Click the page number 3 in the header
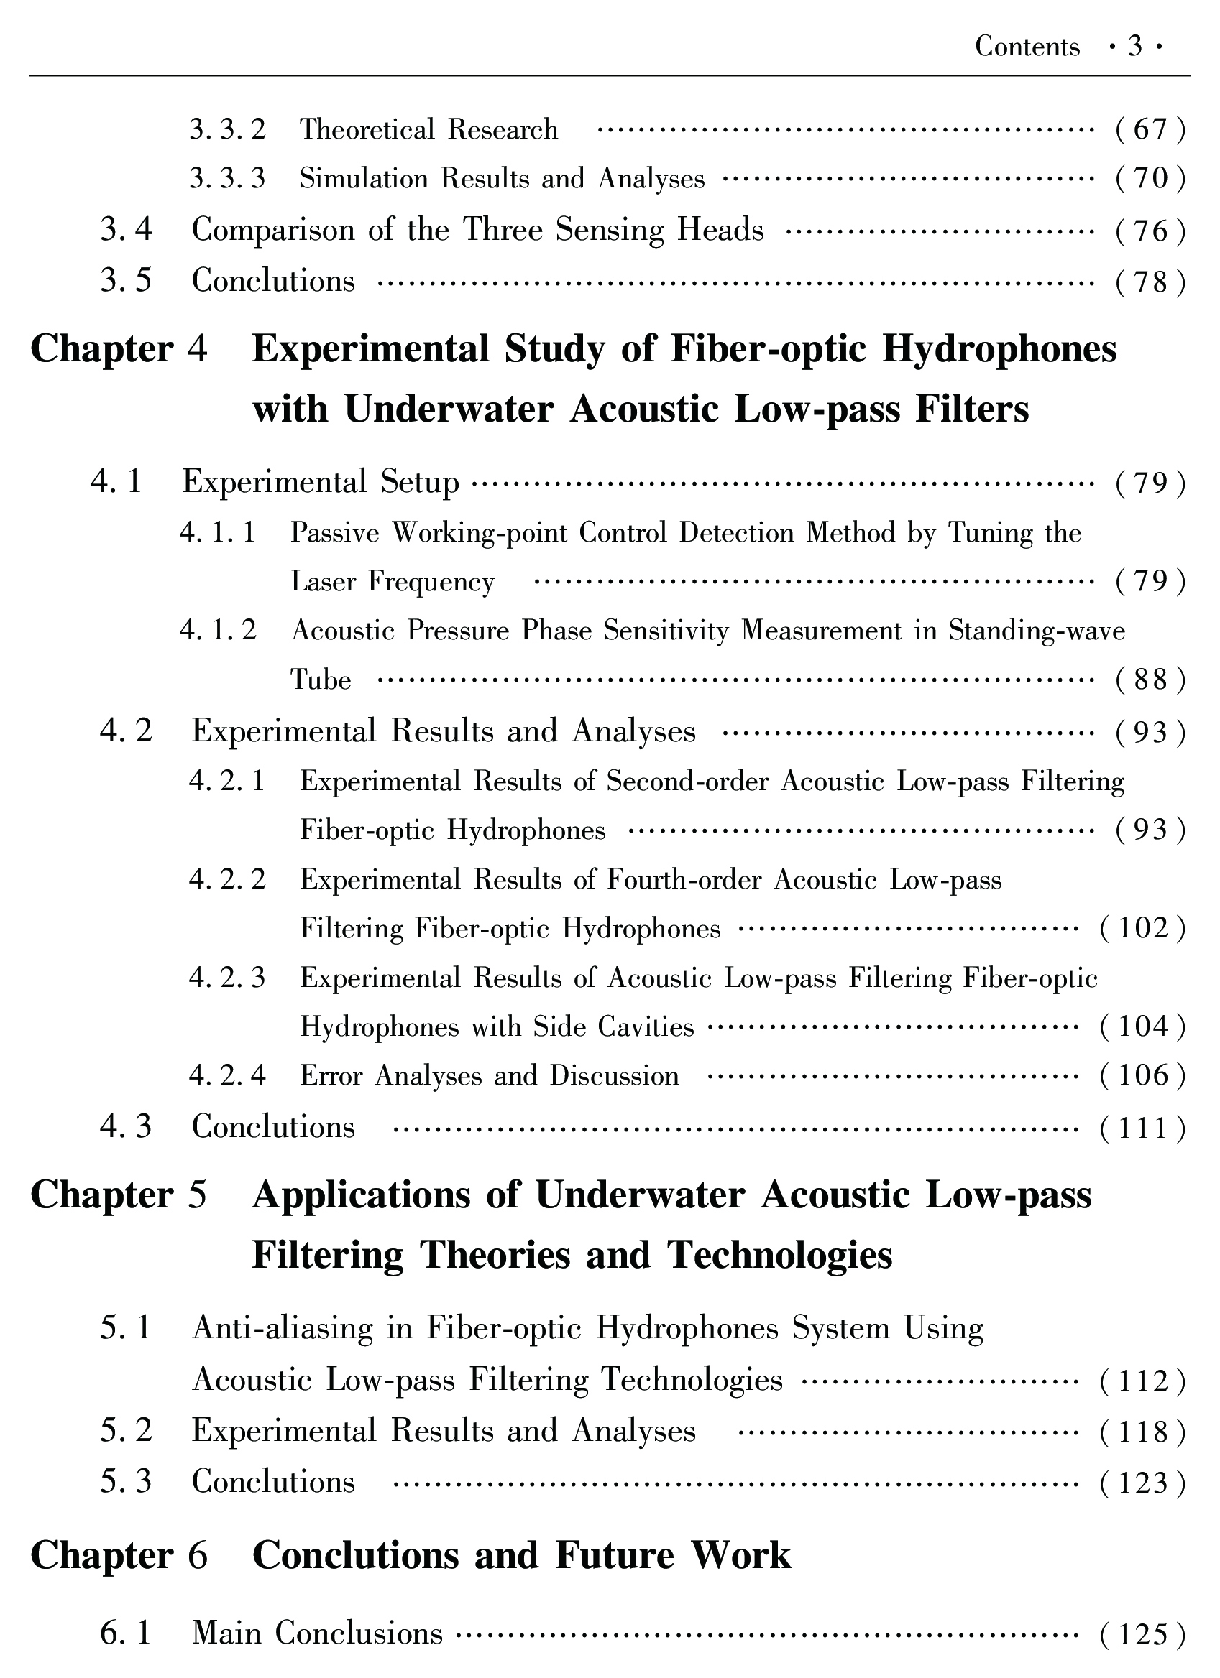[x=1135, y=47]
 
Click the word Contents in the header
[x=1027, y=47]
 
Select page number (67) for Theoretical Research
[x=1150, y=130]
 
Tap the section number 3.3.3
[x=226, y=179]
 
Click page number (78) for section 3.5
[x=1150, y=282]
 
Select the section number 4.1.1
[x=218, y=533]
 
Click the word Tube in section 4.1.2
[x=321, y=680]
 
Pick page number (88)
[x=1150, y=680]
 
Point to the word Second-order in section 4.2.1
[x=687, y=782]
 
